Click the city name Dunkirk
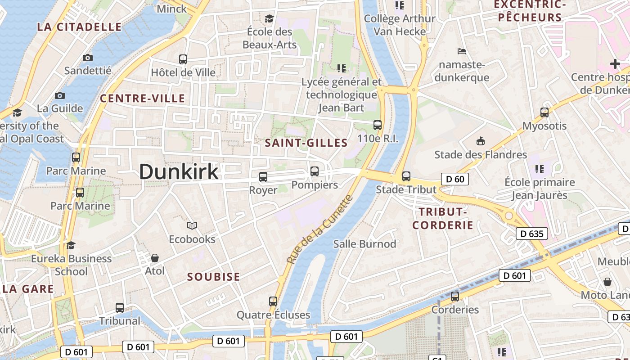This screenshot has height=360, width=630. [x=179, y=172]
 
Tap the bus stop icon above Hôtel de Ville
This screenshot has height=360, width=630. [x=183, y=59]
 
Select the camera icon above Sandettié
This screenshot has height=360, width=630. [x=88, y=58]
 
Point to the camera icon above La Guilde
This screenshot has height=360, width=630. [x=60, y=95]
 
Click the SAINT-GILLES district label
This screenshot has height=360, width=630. [x=306, y=143]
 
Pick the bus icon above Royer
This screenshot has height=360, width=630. [x=263, y=177]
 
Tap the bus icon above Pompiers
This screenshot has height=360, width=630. [x=315, y=171]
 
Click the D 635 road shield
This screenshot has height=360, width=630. [x=531, y=234]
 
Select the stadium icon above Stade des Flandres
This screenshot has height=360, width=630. [x=481, y=141]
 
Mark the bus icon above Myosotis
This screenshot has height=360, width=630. [x=544, y=112]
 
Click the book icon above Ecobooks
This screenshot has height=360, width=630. [x=192, y=225]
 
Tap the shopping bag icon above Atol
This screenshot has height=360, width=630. [x=155, y=258]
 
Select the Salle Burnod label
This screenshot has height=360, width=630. [x=364, y=244]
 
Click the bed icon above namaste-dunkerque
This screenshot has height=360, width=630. [x=461, y=51]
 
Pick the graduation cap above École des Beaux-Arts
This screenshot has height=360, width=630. [x=269, y=18]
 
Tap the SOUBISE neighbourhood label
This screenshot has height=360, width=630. [x=214, y=277]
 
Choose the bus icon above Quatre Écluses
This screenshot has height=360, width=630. [x=273, y=301]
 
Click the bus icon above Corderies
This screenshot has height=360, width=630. [x=455, y=296]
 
